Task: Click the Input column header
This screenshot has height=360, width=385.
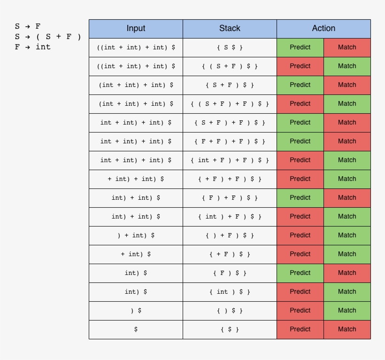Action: pyautogui.click(x=136, y=29)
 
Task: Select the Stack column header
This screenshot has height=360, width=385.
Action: pyautogui.click(x=230, y=29)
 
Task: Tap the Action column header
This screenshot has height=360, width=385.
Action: pyautogui.click(x=323, y=29)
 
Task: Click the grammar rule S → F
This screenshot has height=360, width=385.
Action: pyautogui.click(x=28, y=26)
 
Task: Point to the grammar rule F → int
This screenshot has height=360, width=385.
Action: pyautogui.click(x=33, y=47)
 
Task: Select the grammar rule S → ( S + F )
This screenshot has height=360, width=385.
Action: pyautogui.click(x=48, y=37)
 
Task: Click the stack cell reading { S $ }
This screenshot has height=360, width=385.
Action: pyautogui.click(x=230, y=47)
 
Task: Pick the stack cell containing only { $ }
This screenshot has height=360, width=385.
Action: pyautogui.click(x=230, y=329)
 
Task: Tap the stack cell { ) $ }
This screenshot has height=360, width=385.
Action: pyautogui.click(x=230, y=311)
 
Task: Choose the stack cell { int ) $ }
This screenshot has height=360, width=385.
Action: pyautogui.click(x=230, y=292)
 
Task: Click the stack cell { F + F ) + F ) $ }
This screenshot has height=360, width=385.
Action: pyautogui.click(x=230, y=141)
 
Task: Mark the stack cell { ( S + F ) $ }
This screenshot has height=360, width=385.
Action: pyautogui.click(x=230, y=66)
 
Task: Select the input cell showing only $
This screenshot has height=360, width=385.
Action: pyautogui.click(x=136, y=329)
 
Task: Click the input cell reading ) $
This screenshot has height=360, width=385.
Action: pyautogui.click(x=136, y=311)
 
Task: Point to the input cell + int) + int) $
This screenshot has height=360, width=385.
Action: pyautogui.click(x=136, y=179)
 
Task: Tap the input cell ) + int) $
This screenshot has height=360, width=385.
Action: pyautogui.click(x=136, y=235)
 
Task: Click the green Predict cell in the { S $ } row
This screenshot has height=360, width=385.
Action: pyautogui.click(x=300, y=47)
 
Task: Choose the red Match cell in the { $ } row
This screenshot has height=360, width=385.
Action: pyautogui.click(x=347, y=329)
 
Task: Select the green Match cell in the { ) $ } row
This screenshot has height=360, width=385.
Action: pyautogui.click(x=347, y=311)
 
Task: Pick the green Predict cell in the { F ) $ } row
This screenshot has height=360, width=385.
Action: pyautogui.click(x=300, y=273)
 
